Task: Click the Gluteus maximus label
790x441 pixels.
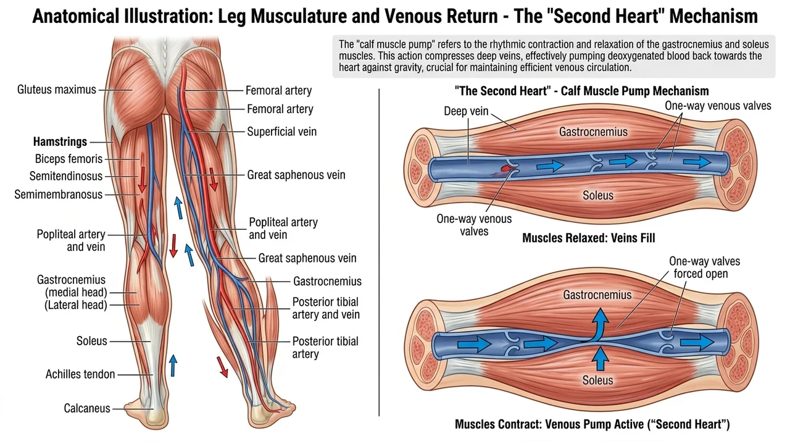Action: [56, 90]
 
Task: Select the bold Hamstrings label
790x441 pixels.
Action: [60, 142]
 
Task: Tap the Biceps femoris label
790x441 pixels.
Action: [69, 159]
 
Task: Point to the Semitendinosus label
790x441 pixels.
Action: [66, 176]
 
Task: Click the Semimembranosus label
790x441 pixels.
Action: [58, 195]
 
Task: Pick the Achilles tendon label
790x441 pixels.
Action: [80, 374]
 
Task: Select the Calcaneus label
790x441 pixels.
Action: [87, 408]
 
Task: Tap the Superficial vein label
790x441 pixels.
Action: [282, 132]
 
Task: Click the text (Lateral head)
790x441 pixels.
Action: [76, 305]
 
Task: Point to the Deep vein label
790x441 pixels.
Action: [466, 111]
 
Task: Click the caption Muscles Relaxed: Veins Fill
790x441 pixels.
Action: [589, 238]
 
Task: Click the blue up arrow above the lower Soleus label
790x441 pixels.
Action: [600, 358]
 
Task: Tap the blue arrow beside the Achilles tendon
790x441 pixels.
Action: [173, 366]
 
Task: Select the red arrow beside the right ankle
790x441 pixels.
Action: [222, 367]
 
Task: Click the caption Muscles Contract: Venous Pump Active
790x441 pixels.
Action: [592, 424]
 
